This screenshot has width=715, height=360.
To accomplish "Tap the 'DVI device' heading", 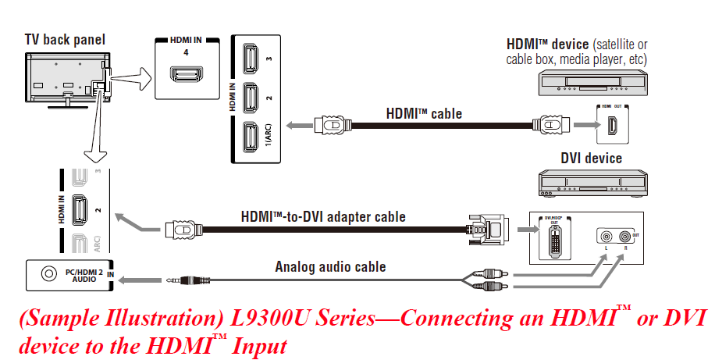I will pyautogui.click(x=591, y=159).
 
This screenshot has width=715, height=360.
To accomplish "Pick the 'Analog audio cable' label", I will pyautogui.click(x=330, y=267).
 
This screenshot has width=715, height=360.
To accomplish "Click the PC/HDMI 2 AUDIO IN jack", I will pyautogui.click(x=50, y=274).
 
